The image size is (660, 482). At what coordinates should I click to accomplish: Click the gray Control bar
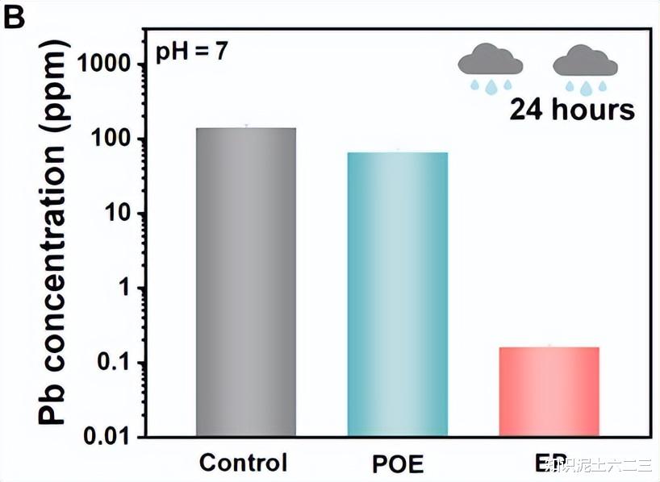246,282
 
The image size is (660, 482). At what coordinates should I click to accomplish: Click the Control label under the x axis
243,463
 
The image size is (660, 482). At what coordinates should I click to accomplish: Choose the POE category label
399,464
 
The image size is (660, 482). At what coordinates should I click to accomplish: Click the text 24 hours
571,110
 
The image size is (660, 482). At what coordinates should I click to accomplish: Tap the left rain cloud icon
490,66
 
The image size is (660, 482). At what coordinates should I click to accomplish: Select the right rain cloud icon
586,66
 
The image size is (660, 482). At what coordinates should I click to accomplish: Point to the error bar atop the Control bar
246,126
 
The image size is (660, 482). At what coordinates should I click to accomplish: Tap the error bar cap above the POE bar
397,150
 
